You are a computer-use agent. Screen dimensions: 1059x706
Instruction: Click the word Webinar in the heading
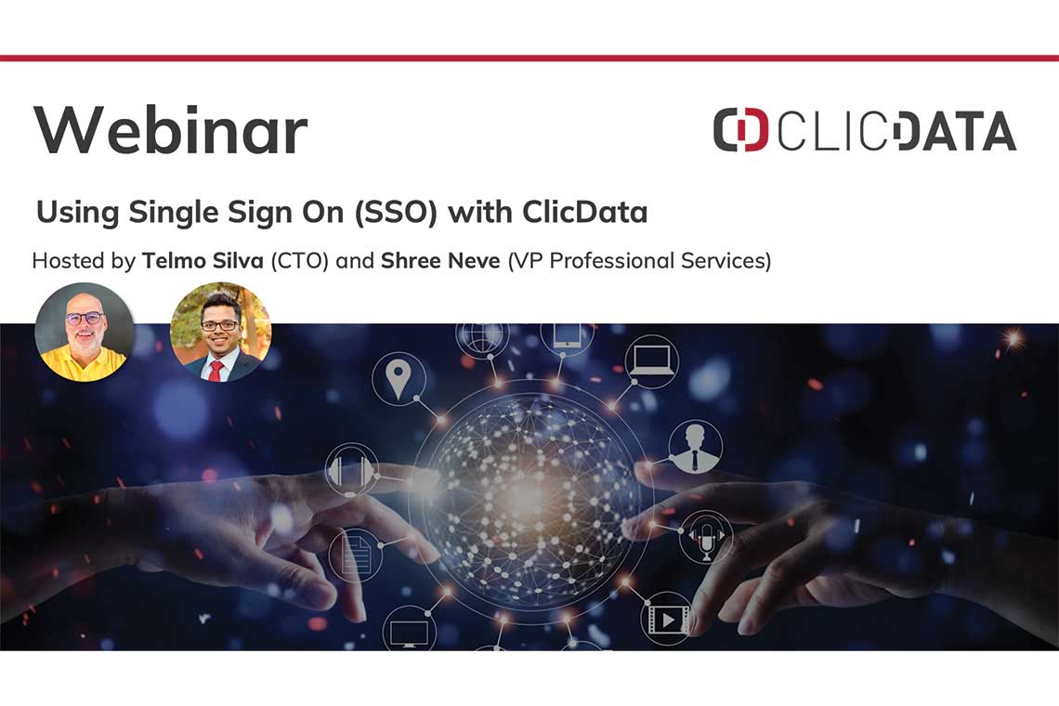[x=170, y=129]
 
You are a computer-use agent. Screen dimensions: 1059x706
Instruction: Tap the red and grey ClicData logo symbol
[x=740, y=129]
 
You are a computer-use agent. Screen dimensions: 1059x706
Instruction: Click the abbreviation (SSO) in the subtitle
[x=397, y=212]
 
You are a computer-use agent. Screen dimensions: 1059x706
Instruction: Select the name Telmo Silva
[x=203, y=260]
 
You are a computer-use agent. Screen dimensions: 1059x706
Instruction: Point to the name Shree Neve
[x=440, y=260]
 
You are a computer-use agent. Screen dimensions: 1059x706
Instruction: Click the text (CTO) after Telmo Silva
[x=300, y=261]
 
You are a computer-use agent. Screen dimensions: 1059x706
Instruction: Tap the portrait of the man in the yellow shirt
[x=85, y=333]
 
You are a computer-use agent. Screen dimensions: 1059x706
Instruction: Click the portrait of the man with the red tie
[x=220, y=333]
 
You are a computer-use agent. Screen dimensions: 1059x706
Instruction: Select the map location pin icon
[x=399, y=378]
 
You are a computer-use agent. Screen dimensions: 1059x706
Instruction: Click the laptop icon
[x=652, y=360]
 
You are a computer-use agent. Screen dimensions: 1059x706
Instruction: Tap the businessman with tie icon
[x=695, y=447]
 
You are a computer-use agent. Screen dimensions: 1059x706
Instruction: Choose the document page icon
[x=355, y=555]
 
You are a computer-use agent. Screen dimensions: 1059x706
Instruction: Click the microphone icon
[x=706, y=538]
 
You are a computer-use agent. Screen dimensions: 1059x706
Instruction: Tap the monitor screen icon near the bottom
[x=410, y=632]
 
